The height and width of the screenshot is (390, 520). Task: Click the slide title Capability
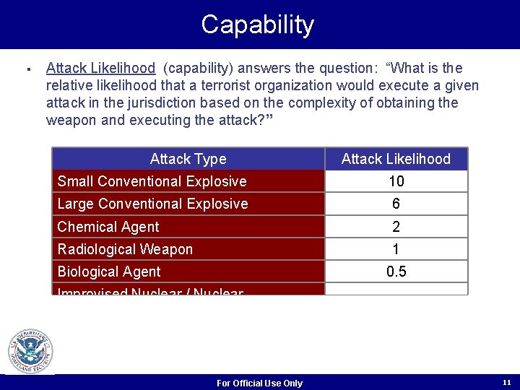coord(257,25)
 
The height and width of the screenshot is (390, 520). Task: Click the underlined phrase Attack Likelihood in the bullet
coord(100,69)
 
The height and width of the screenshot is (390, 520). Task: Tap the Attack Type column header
coord(188,159)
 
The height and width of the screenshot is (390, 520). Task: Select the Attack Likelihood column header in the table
coord(396,159)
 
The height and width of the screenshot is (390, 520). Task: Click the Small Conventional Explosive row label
coord(152,181)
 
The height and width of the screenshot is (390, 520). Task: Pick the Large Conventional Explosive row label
coord(152,204)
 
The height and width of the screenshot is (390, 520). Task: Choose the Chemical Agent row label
coord(108,227)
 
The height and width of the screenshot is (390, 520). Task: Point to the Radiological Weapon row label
coord(125,249)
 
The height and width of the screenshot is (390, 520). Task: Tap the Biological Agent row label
coord(109,272)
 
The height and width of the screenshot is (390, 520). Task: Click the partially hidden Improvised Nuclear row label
coord(150,291)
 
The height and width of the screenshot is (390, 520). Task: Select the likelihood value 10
coord(396,181)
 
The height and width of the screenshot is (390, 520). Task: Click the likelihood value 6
coord(396,204)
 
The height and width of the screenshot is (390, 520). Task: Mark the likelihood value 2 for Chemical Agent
coord(396,227)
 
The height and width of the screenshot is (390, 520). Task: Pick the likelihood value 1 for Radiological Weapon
coord(396,249)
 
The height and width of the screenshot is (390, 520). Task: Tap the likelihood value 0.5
coord(396,272)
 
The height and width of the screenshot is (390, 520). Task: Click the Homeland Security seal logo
coord(30,351)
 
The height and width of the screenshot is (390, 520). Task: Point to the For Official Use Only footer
coord(259,383)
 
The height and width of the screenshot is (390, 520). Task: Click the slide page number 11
coord(506,381)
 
